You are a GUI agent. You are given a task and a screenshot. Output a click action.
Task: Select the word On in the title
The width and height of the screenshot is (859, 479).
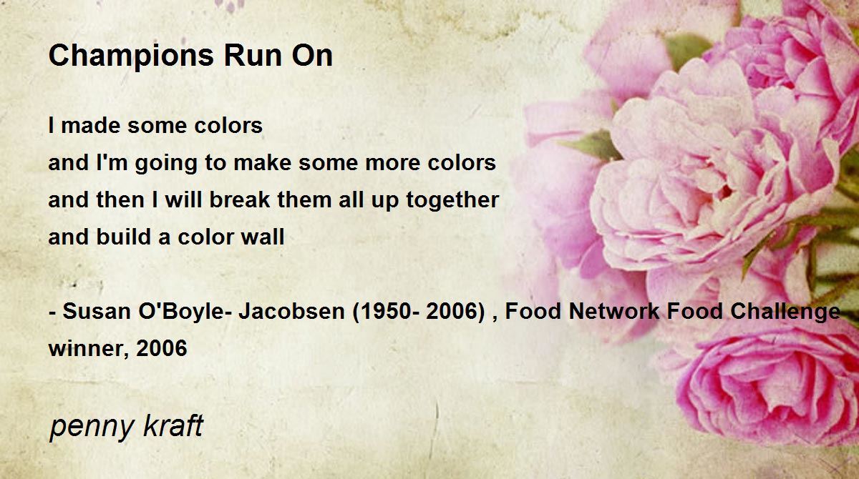pyautogui.click(x=312, y=56)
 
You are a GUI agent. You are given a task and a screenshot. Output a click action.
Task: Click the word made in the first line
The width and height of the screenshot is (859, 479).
pyautogui.click(x=91, y=125)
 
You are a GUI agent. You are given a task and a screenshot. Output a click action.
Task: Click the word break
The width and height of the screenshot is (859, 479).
pyautogui.click(x=240, y=199)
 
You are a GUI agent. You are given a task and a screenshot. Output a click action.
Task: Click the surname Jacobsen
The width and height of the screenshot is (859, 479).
pyautogui.click(x=291, y=311)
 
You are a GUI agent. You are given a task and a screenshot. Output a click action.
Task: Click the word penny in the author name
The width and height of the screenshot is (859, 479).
pyautogui.click(x=92, y=427)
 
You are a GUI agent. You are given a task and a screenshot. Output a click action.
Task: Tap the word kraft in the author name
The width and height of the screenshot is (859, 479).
pyautogui.click(x=173, y=425)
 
